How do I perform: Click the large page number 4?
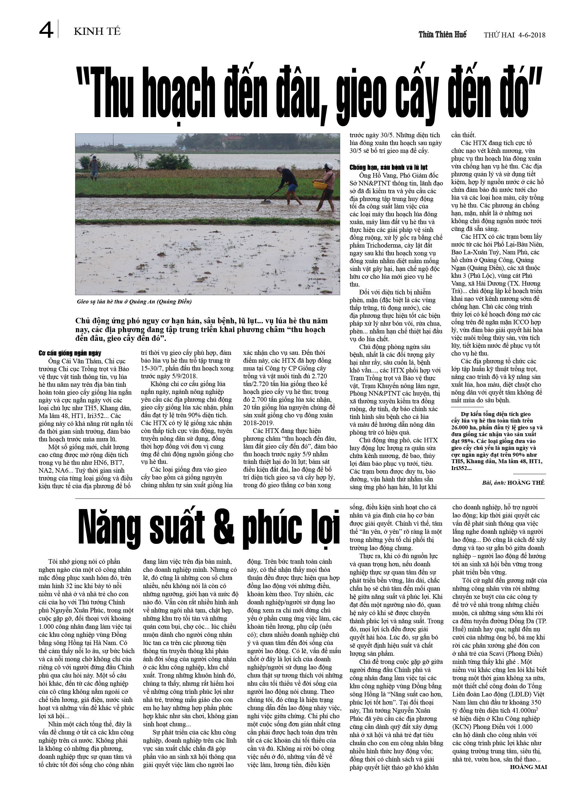[46, 30]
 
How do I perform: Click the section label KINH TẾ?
[97, 32]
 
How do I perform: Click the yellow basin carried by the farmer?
[320, 185]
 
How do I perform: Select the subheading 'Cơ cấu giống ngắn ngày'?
[70, 353]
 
